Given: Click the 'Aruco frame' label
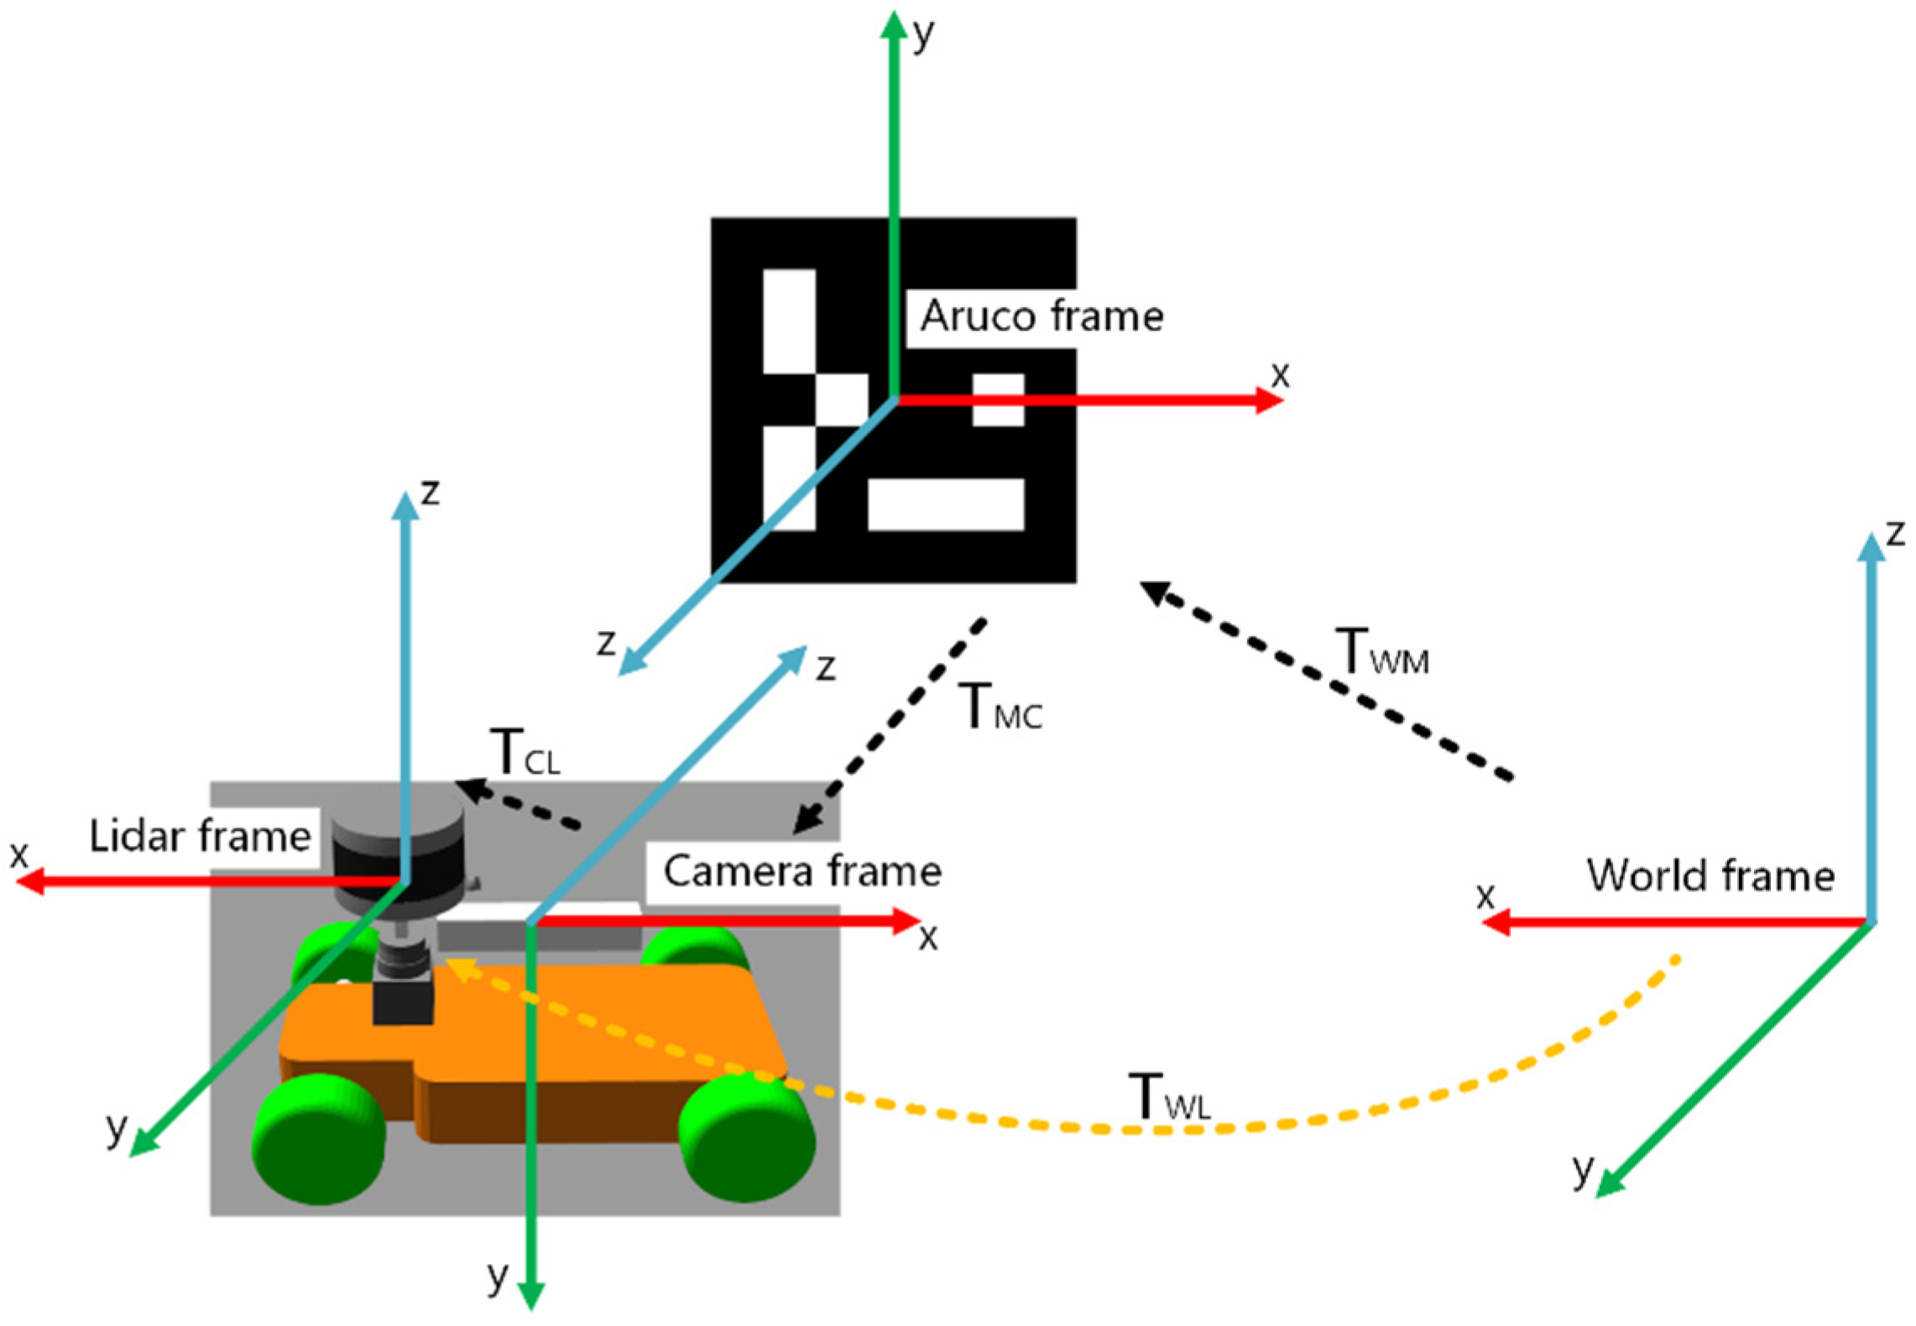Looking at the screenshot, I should pyautogui.click(x=1042, y=316).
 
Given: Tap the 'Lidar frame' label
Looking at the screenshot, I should pyautogui.click(x=200, y=837).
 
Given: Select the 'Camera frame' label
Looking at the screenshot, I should pyautogui.click(x=802, y=871).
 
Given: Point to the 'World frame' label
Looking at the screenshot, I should pyautogui.click(x=1710, y=875).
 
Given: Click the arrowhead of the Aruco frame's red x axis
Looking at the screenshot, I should pyautogui.click(x=1271, y=399).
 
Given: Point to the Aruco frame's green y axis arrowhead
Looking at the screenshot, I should pyautogui.click(x=894, y=25).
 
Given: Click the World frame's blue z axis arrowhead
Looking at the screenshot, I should pyautogui.click(x=1871, y=548).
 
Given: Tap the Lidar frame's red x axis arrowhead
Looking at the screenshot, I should pyautogui.click(x=30, y=882).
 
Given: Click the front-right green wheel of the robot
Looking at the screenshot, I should pyautogui.click(x=746, y=1137).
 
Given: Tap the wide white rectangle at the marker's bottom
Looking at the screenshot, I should pyautogui.click(x=946, y=504).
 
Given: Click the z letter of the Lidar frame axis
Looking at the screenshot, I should pyautogui.click(x=430, y=492).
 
